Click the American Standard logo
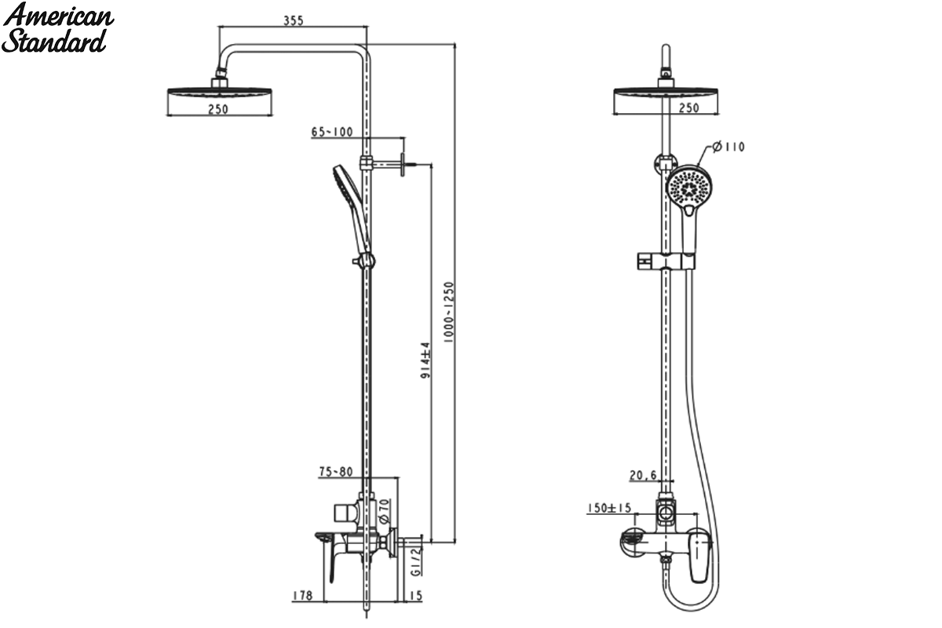pos(57,27)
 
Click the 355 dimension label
pos(293,20)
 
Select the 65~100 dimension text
pos(332,132)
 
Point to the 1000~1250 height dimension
pos(449,312)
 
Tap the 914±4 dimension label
pos(425,360)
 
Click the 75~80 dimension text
pos(336,472)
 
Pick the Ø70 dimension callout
pos(384,512)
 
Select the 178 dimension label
pos(302,596)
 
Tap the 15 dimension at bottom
pos(415,596)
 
